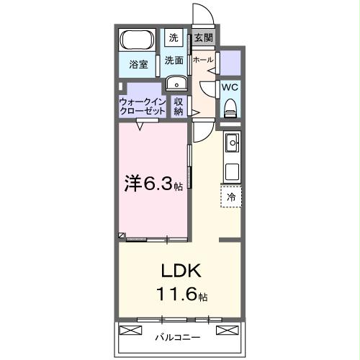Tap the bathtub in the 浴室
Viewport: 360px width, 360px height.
[x=135, y=40]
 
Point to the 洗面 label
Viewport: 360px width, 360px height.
[x=174, y=60]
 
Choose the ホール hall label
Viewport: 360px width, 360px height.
[x=203, y=60]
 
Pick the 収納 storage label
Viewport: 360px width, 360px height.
[x=179, y=107]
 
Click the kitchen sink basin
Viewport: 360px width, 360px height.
[x=232, y=145]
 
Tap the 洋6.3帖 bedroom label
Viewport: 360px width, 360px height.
[x=153, y=184]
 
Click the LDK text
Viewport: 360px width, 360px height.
[x=179, y=274]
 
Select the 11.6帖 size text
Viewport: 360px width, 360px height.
[x=181, y=295]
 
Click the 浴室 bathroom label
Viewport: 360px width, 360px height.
[x=138, y=64]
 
